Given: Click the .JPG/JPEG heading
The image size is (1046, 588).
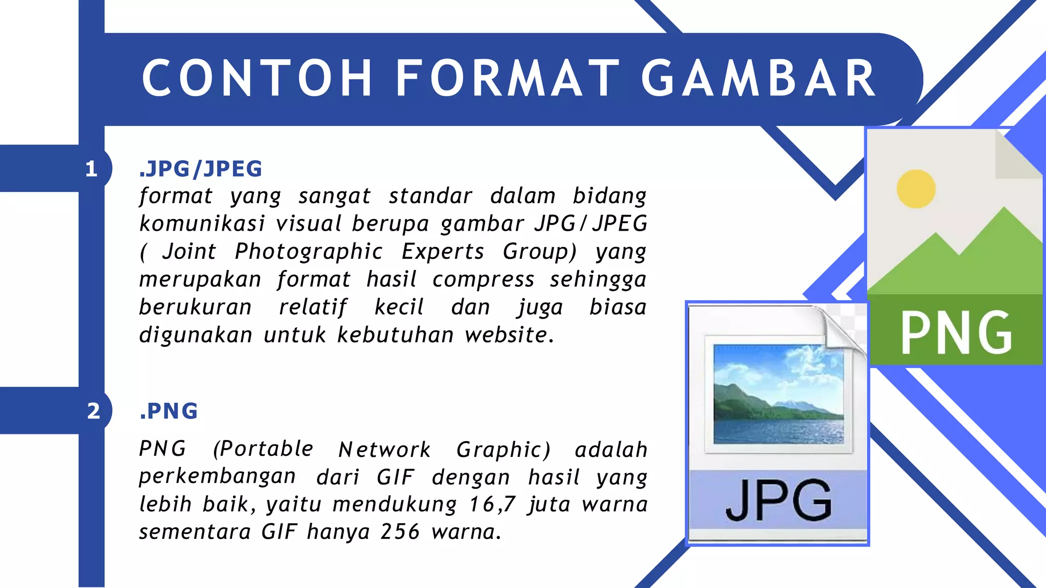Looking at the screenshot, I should [x=201, y=169].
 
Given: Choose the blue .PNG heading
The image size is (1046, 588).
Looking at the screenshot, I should [x=169, y=411].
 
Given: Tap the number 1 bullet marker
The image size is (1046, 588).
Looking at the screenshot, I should [x=91, y=169].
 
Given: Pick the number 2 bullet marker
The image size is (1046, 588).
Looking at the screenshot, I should [x=93, y=411].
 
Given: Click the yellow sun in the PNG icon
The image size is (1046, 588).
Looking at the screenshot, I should [x=916, y=189].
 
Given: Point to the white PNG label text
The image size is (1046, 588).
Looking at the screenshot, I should [x=956, y=333].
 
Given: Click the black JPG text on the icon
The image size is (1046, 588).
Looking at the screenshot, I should [x=778, y=500].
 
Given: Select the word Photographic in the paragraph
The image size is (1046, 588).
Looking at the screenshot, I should [x=308, y=252].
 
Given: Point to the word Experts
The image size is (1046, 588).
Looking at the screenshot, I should [x=442, y=252].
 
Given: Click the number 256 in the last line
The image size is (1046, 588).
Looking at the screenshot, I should [x=400, y=532].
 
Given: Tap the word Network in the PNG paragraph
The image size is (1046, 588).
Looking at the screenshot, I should [x=385, y=450].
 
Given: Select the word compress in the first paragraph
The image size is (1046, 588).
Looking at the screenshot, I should [x=483, y=280].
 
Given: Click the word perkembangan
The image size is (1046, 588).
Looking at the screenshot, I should [x=217, y=477].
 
